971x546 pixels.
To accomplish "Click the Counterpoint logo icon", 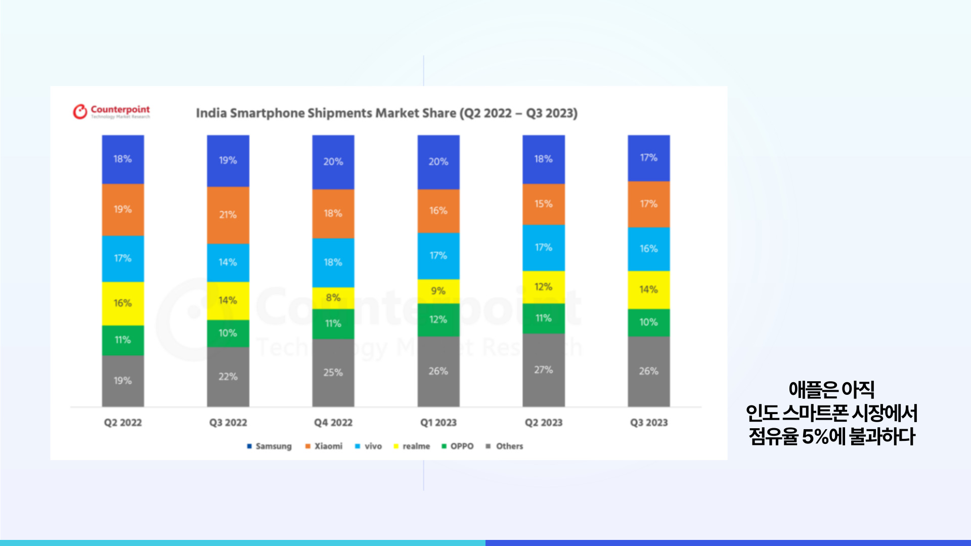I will click(x=80, y=112).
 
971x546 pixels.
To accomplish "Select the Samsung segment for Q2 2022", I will click(x=123, y=159).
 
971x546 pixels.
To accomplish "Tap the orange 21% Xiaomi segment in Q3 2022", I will click(x=228, y=215).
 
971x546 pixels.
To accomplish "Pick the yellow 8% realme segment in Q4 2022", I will click(x=333, y=298).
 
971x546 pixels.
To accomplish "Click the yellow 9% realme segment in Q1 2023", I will click(x=438, y=291).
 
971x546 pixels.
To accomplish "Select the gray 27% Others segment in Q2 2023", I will click(x=544, y=370).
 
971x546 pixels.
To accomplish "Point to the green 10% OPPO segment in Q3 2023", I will click(x=649, y=323).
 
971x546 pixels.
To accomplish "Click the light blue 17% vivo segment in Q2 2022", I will click(x=123, y=258).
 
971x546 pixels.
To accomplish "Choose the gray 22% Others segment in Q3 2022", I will click(x=228, y=377).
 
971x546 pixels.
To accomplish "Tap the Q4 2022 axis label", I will click(x=333, y=423).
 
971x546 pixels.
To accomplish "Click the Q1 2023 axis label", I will click(x=438, y=423).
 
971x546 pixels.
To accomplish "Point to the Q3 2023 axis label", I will click(x=649, y=423).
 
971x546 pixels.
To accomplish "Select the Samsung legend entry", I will click(x=269, y=446).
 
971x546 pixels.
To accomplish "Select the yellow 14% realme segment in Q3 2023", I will click(x=649, y=290).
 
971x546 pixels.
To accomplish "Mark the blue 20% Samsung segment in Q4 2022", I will click(x=333, y=162).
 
